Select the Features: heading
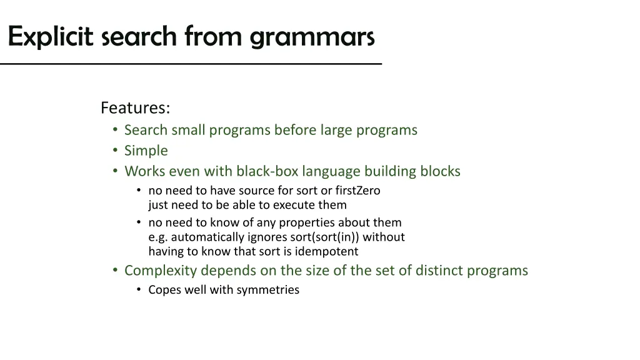[135, 108]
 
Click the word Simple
[146, 151]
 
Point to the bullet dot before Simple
[116, 151]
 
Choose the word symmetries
[270, 290]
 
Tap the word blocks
[439, 171]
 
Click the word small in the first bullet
[188, 130]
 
